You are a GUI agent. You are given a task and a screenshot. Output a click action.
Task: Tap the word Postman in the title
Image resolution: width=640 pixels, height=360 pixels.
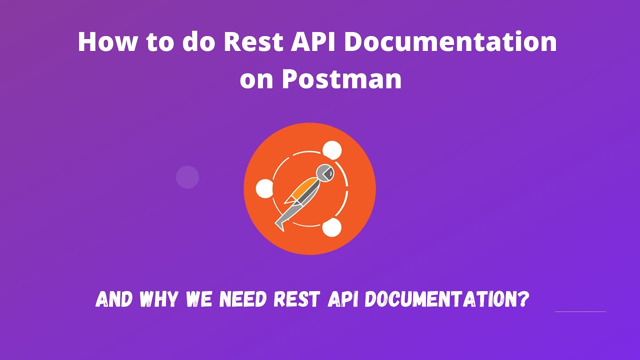coord(342,79)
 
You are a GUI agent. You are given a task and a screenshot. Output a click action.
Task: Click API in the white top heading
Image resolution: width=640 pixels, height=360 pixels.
coord(314,42)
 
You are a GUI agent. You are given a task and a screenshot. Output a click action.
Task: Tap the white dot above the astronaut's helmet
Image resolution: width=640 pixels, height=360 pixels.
coord(332,150)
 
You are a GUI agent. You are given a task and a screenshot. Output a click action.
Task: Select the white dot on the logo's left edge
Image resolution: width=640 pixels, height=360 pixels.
coord(264,189)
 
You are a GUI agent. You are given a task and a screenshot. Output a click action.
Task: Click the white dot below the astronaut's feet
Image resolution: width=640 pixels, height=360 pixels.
coord(331,227)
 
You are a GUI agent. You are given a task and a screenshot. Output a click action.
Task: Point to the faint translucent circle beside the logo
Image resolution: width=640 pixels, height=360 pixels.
coord(187,177)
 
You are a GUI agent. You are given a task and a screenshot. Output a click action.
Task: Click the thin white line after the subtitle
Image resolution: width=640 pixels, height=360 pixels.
coord(580,311)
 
